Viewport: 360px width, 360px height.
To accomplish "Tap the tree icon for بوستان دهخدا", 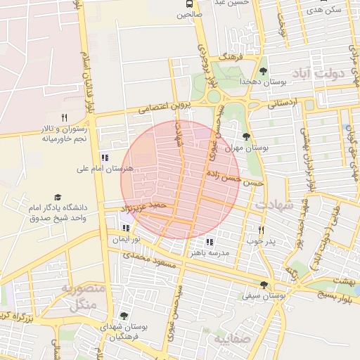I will coord(263,70).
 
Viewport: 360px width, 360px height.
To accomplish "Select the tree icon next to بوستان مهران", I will coord(245,136).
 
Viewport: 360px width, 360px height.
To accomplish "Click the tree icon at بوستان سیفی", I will coord(264,285).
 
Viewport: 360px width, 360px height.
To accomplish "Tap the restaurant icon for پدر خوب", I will coord(261,230).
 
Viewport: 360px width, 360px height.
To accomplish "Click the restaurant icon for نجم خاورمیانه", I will coord(64,117).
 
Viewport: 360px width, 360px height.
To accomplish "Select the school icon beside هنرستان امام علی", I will coord(105,157).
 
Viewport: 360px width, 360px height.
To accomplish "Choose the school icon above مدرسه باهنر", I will coord(209,241).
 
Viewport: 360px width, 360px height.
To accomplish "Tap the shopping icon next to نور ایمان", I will coord(127,228).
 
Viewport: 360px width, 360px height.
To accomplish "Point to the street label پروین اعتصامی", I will coord(164,107).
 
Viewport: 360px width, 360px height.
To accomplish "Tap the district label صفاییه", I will coord(231,340).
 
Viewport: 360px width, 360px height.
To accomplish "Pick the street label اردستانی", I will coord(283,103).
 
